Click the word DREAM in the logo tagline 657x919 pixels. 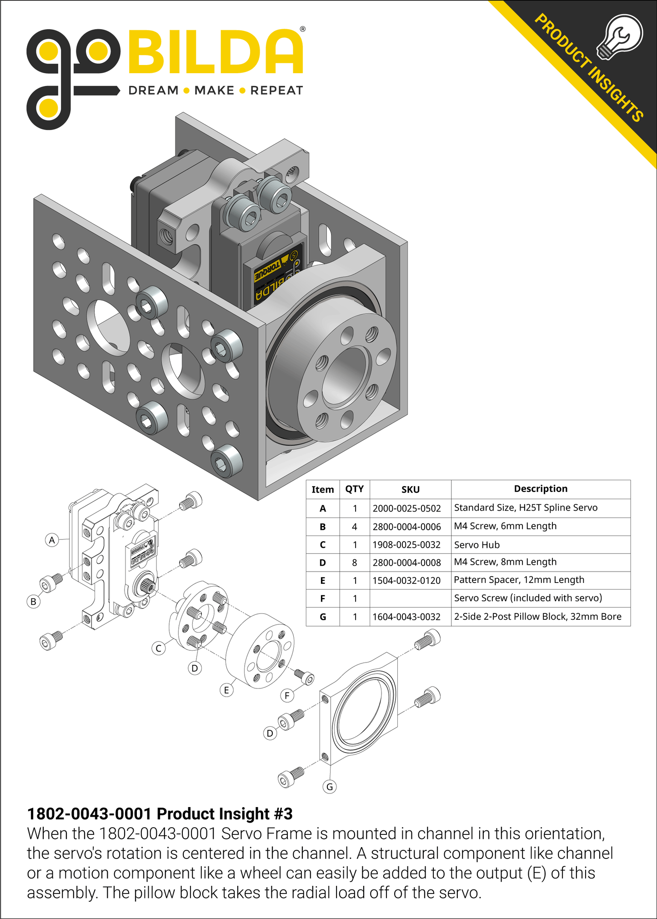(x=153, y=90)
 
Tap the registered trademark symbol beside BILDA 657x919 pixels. (x=303, y=29)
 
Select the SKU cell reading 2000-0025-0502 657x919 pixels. (x=406, y=508)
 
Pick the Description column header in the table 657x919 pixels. (x=540, y=489)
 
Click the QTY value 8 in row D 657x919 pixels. (x=354, y=562)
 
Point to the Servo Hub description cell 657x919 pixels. (x=476, y=545)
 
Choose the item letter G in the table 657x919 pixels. (x=322, y=617)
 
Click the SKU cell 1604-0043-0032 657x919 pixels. (x=406, y=617)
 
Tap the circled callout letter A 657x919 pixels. (x=52, y=540)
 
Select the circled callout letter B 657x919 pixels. (x=33, y=602)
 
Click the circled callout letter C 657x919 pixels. (x=159, y=648)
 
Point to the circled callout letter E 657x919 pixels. (x=226, y=690)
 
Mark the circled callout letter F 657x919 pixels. (x=287, y=695)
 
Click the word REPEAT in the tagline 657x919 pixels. (x=276, y=90)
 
